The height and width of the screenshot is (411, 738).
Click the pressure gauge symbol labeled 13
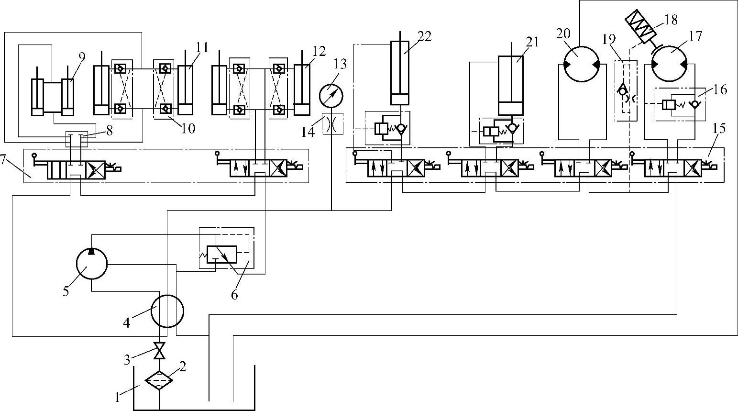coord(331,96)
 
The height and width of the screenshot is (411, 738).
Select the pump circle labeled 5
coord(91,264)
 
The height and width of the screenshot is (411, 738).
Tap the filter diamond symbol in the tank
coord(159,380)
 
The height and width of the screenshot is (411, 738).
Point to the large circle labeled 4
coord(167,311)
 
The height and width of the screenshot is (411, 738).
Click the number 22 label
coord(424,36)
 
